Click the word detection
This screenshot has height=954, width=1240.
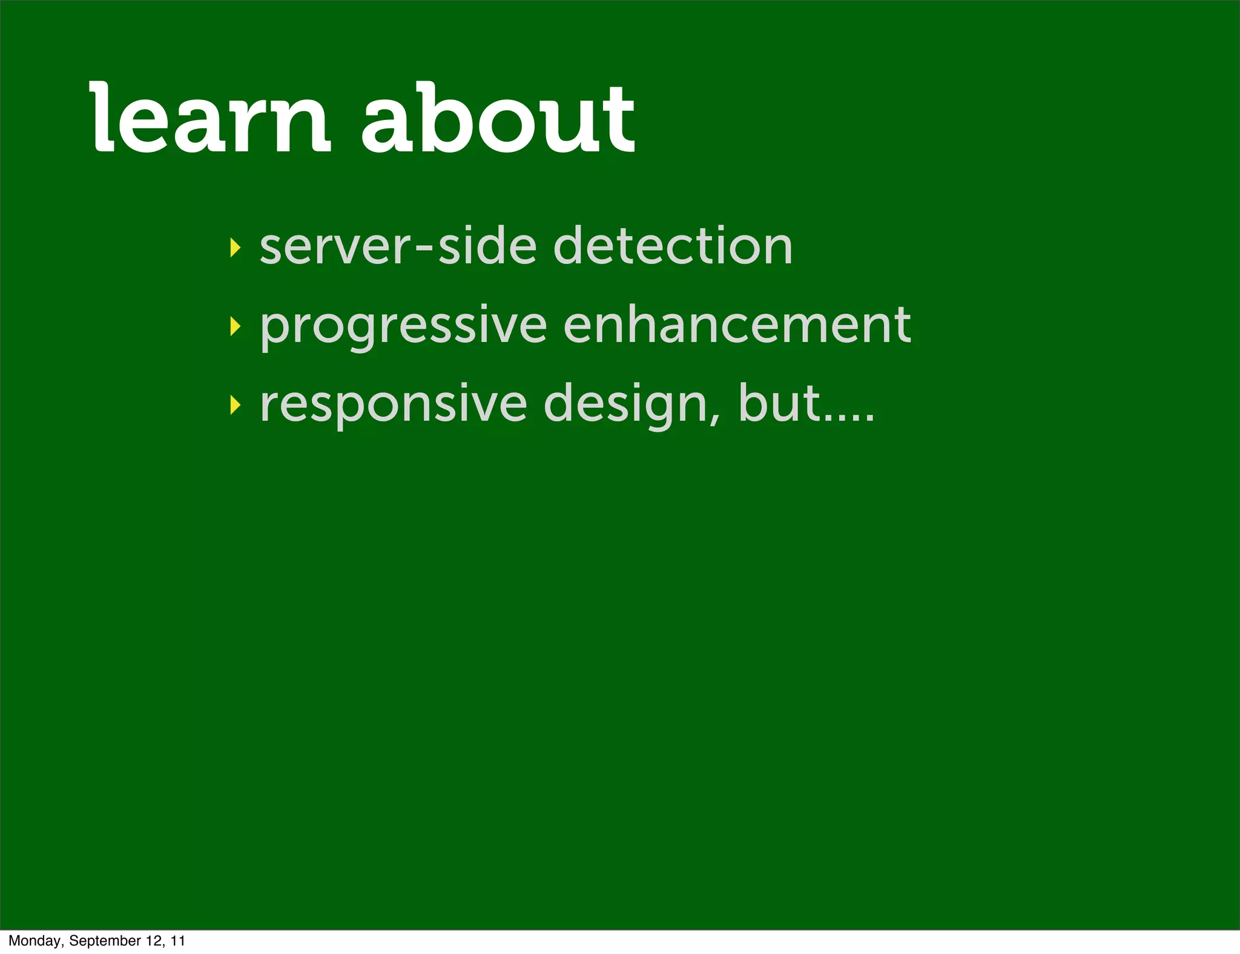click(x=673, y=246)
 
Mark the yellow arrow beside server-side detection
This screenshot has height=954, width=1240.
click(x=236, y=248)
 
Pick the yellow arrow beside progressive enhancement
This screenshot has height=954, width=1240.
click(x=236, y=327)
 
